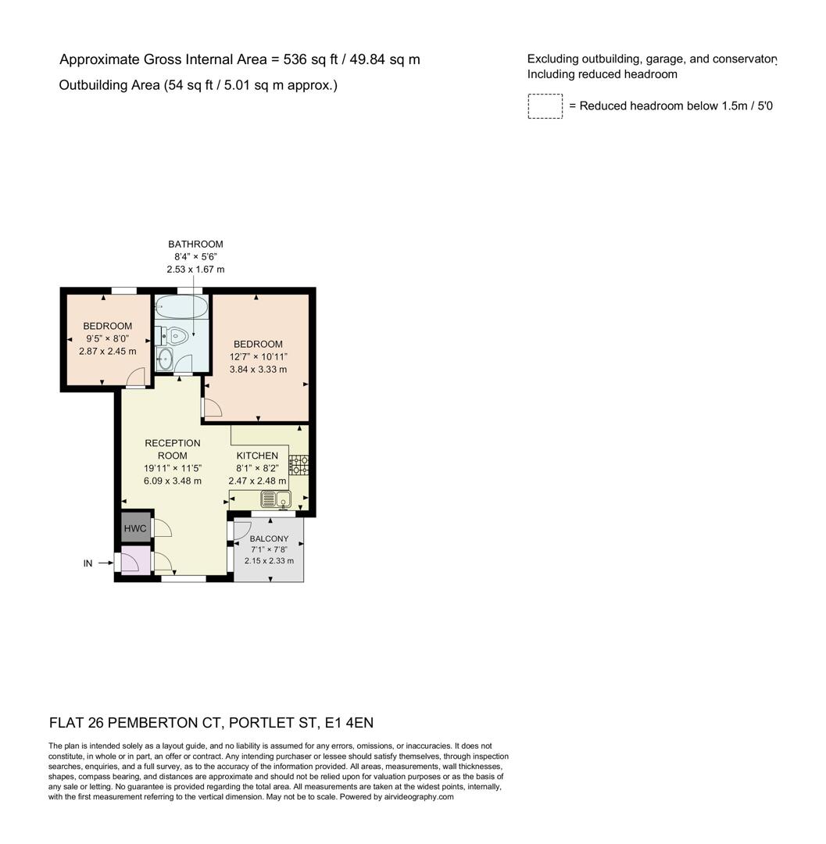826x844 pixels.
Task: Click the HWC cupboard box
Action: (x=135, y=528)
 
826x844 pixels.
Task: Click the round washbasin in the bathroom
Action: (x=166, y=359)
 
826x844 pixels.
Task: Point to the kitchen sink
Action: (x=275, y=499)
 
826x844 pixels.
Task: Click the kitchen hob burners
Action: (x=298, y=465)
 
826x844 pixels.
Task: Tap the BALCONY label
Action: (x=269, y=538)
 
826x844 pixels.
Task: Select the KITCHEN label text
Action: (x=257, y=456)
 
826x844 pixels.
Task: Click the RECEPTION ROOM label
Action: (x=172, y=449)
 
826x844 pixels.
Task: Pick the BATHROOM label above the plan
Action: (x=195, y=244)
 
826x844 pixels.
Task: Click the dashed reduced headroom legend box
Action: (x=545, y=106)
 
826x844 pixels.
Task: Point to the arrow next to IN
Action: (x=105, y=563)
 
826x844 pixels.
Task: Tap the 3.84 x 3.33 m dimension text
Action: (x=258, y=370)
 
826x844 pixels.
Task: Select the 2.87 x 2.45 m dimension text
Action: (x=107, y=352)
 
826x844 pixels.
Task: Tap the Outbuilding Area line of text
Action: (x=198, y=85)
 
